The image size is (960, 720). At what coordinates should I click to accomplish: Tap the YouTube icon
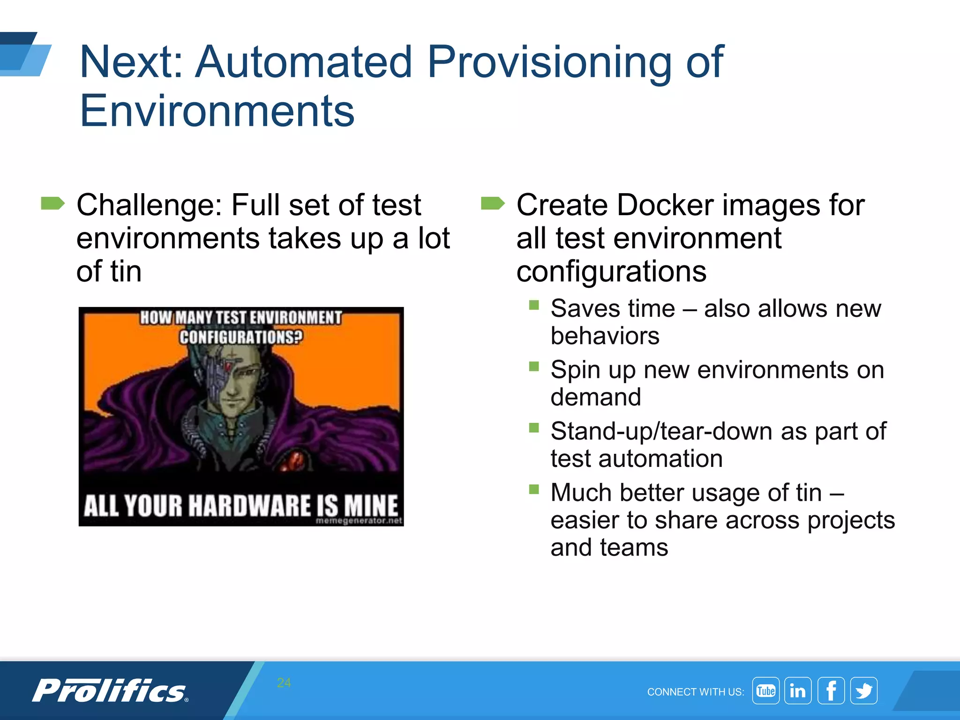pyautogui.click(x=765, y=690)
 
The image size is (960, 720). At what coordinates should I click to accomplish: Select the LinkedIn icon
pyautogui.click(x=798, y=690)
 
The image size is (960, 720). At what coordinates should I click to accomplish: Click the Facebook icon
pyautogui.click(x=831, y=690)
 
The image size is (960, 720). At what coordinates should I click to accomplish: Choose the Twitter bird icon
pyautogui.click(x=864, y=690)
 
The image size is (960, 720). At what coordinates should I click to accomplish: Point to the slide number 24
pyautogui.click(x=284, y=682)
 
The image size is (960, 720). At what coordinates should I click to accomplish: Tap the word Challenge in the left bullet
pyautogui.click(x=149, y=205)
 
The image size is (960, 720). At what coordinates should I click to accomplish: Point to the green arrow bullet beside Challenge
pyautogui.click(x=52, y=203)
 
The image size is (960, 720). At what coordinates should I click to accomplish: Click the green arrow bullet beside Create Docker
pyautogui.click(x=492, y=203)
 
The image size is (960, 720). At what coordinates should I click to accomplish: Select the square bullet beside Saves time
pyautogui.click(x=534, y=305)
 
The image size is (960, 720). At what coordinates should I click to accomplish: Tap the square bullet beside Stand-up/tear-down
pyautogui.click(x=534, y=427)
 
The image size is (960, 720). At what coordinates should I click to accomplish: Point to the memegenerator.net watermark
pyautogui.click(x=359, y=521)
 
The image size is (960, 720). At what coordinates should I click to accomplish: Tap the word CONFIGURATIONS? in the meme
pyautogui.click(x=241, y=337)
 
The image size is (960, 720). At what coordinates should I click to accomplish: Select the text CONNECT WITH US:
pyautogui.click(x=696, y=692)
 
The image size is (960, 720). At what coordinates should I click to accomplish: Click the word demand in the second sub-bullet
pyautogui.click(x=595, y=397)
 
